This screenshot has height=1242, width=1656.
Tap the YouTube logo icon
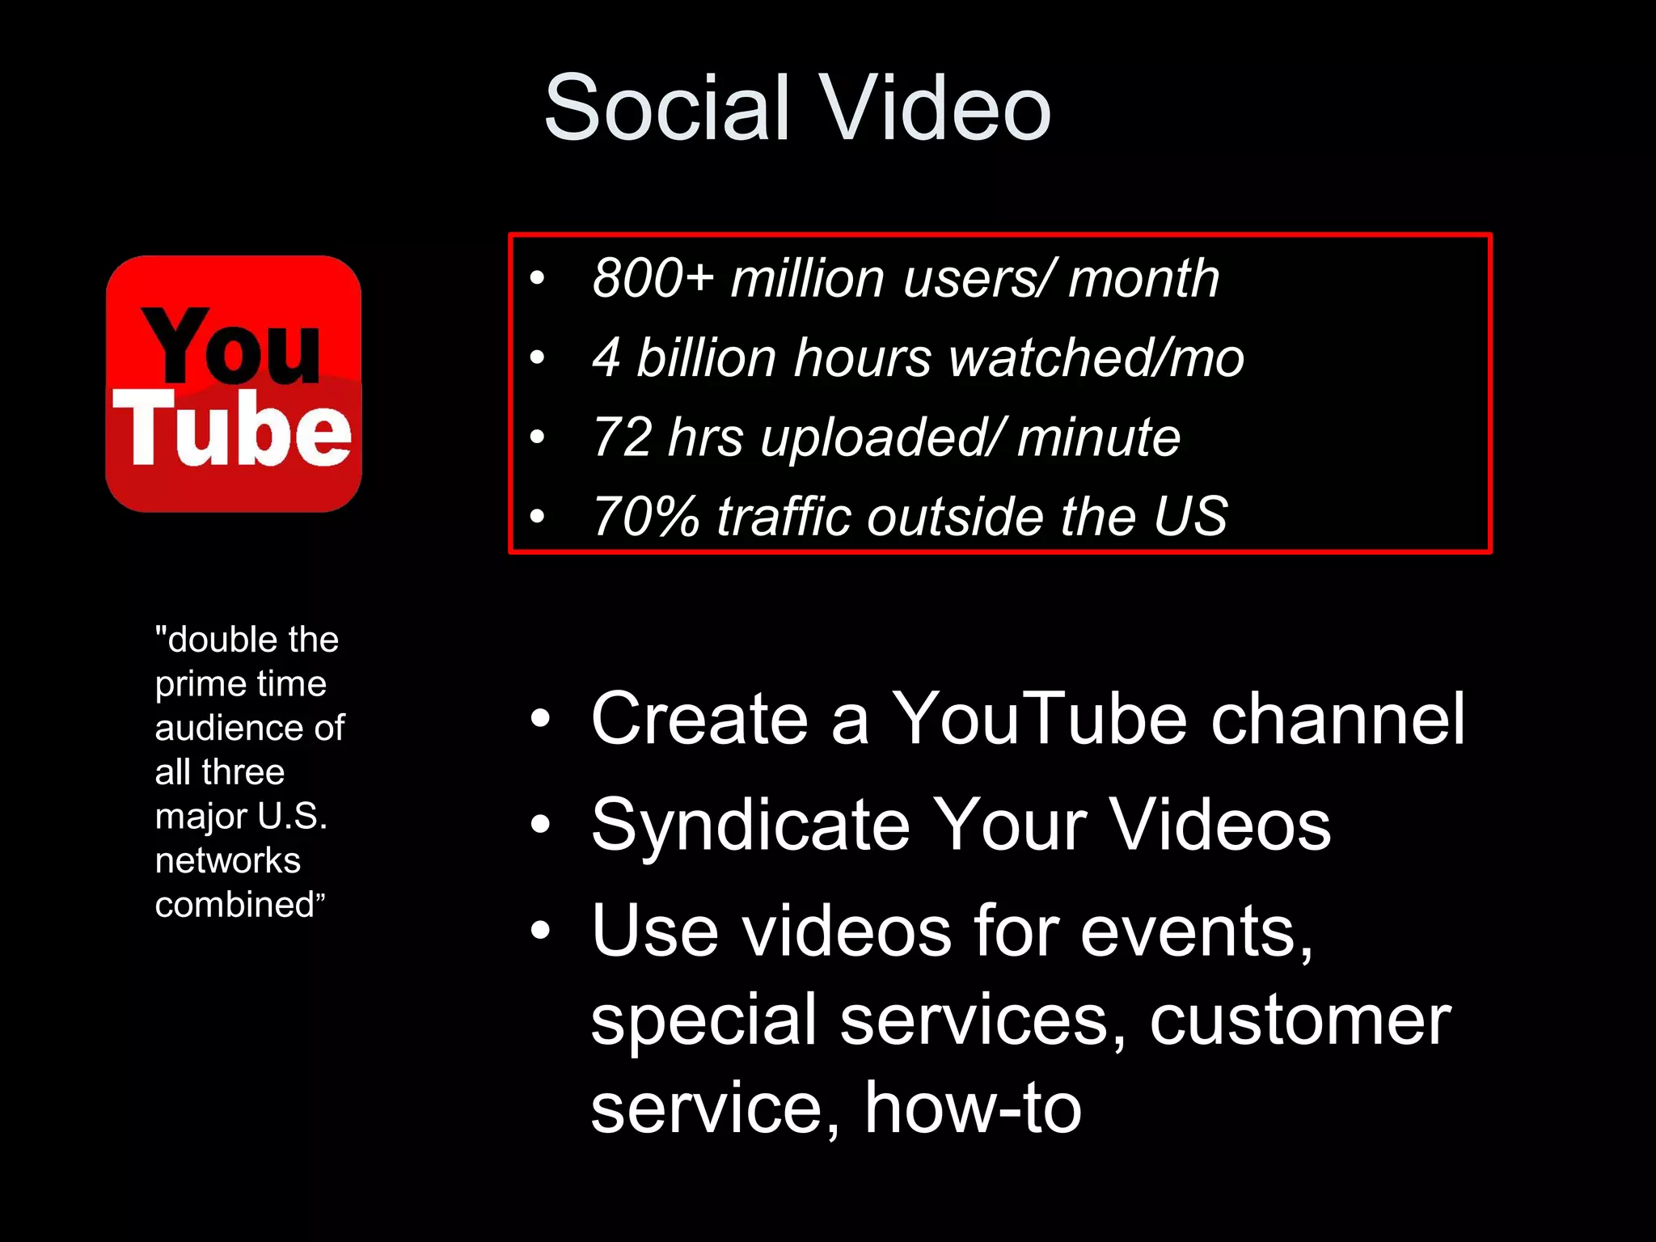coord(234,384)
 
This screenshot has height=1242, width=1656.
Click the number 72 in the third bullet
coord(622,437)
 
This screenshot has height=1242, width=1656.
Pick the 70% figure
coord(645,517)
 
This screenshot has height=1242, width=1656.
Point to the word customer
coord(1300,1020)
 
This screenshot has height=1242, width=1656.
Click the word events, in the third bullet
coord(1197,931)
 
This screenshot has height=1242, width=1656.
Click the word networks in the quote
coord(228,860)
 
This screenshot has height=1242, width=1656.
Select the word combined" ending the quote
coord(239,905)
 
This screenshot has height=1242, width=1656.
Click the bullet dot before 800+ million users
coord(537,279)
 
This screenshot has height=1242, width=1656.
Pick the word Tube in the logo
coord(232,429)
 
